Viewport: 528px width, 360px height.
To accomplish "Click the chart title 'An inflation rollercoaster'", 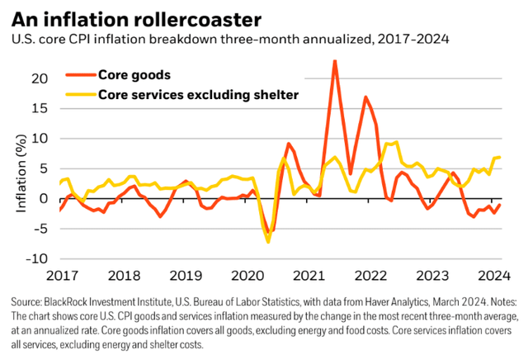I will coord(124,17).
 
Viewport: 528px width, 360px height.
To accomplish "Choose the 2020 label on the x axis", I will coord(245,275).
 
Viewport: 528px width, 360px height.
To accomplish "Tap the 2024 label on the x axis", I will coord(492,275).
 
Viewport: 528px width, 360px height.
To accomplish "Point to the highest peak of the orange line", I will coord(334,61).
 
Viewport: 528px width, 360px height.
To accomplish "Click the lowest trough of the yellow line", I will coord(268,241).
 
